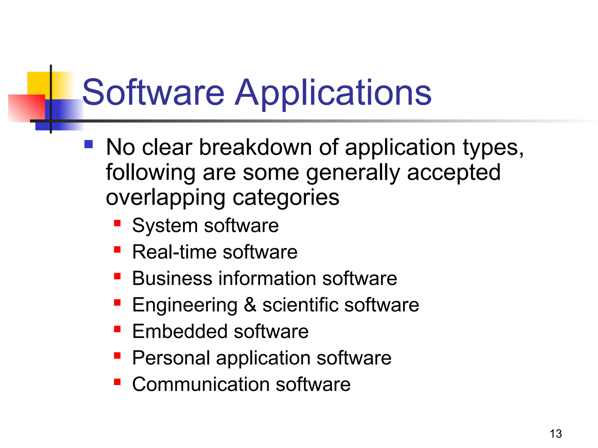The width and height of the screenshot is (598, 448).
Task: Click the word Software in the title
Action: [x=153, y=92]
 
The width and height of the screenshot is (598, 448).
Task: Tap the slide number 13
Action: [x=556, y=434]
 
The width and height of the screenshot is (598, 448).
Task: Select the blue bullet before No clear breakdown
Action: [x=88, y=144]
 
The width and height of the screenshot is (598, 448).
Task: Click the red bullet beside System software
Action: [x=117, y=223]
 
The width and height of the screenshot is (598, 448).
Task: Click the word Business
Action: [x=172, y=278]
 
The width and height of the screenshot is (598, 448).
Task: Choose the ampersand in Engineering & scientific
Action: [x=250, y=305]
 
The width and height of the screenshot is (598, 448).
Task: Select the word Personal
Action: [x=171, y=358]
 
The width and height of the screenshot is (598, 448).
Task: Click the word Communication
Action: [x=201, y=384]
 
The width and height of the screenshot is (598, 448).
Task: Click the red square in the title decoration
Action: [x=26, y=108]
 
